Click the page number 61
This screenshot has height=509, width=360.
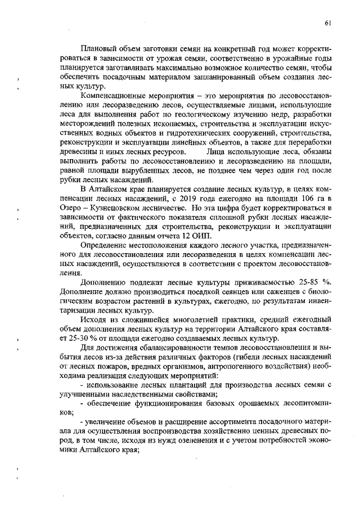(327, 23)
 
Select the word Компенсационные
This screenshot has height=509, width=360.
(113, 97)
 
